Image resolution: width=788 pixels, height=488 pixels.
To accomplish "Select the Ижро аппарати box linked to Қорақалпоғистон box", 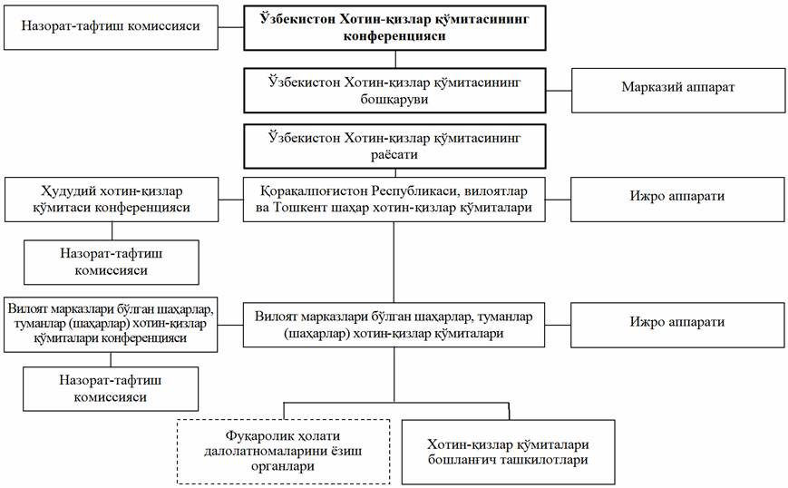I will coord(676,197).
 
